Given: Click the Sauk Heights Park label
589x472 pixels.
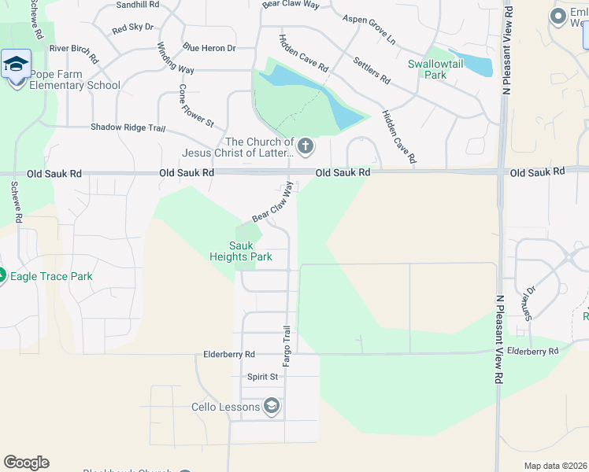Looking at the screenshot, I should [x=241, y=251].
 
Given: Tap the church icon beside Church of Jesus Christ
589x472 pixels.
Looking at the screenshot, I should [x=306, y=146].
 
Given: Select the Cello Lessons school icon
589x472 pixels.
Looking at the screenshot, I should [x=271, y=406].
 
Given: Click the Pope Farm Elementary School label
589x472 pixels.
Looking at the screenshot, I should [x=75, y=79].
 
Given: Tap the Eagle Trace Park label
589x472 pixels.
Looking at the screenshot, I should [x=51, y=276].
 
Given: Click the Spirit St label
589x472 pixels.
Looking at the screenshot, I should [x=263, y=377].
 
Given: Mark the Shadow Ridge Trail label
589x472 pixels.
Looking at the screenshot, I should [x=128, y=127].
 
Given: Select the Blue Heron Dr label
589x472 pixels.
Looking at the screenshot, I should [x=209, y=48].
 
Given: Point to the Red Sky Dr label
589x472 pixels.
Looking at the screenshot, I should [x=133, y=28].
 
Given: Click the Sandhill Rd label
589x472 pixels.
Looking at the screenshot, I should [x=137, y=5].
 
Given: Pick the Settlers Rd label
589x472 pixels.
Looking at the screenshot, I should [x=372, y=70].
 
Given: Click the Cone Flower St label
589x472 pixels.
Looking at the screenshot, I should [x=196, y=105].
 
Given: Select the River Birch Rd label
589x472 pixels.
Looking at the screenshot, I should [x=74, y=53].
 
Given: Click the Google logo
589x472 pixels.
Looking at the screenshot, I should [x=26, y=463].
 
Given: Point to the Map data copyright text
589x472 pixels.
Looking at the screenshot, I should [x=555, y=466].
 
